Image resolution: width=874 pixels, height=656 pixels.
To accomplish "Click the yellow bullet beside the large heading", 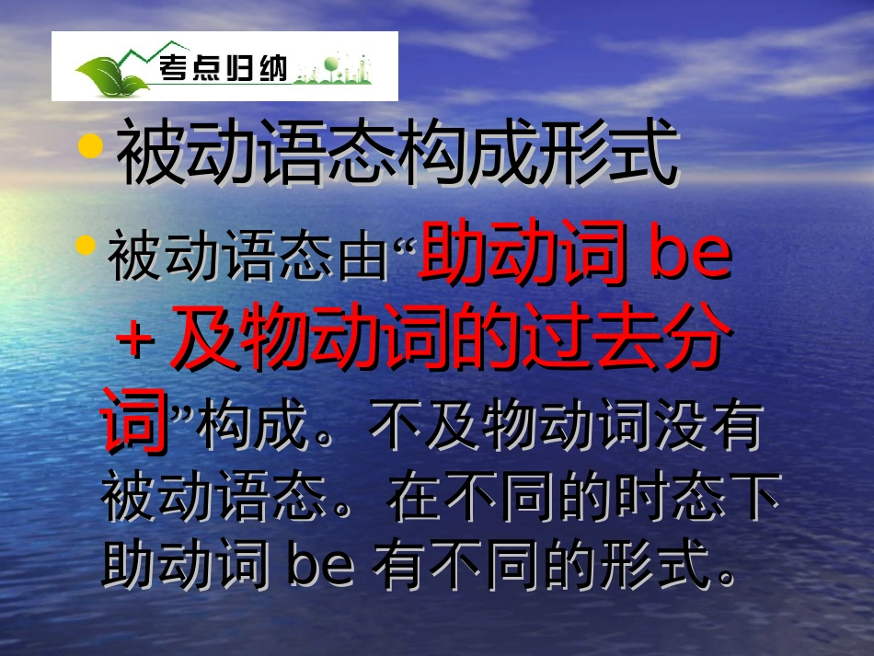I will point(90,146).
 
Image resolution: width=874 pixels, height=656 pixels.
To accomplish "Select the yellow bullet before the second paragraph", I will point(86,246).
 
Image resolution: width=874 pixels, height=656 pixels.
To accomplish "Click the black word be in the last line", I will point(321,563).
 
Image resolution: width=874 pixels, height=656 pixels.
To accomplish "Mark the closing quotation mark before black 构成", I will point(181,412).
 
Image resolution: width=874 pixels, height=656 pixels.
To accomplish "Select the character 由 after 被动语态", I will point(364,259).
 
